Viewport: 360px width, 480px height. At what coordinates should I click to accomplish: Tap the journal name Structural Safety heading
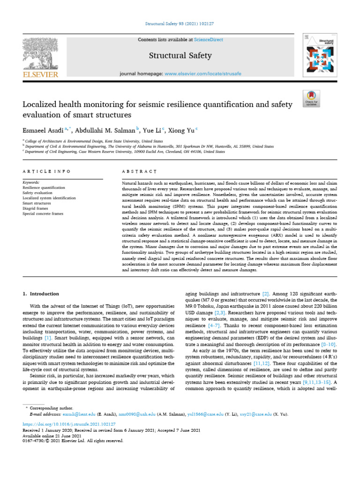point(180,56)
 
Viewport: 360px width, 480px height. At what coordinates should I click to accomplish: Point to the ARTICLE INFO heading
point(47,172)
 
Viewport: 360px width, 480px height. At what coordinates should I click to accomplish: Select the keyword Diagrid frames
point(36,209)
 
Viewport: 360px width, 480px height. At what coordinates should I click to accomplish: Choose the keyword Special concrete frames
point(43,214)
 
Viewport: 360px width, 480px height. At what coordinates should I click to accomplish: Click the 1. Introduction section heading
point(41,294)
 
